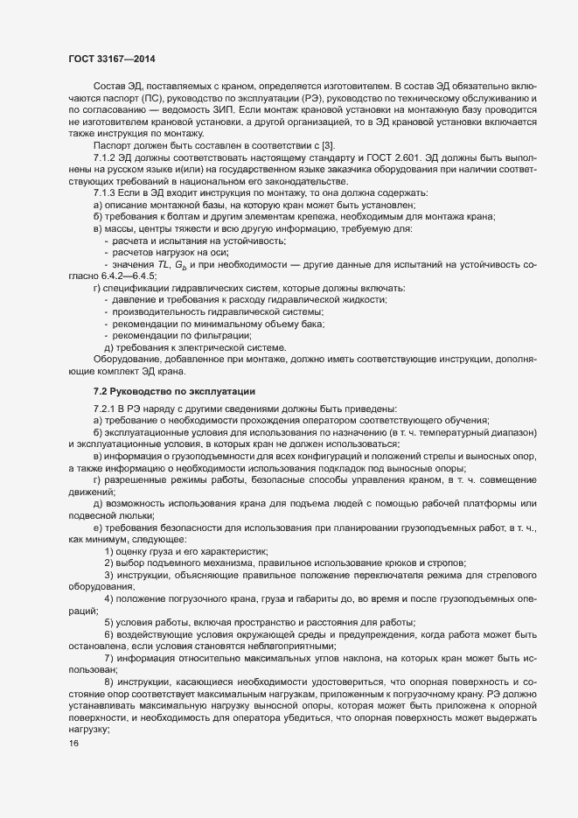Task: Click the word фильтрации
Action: coord(219,336)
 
